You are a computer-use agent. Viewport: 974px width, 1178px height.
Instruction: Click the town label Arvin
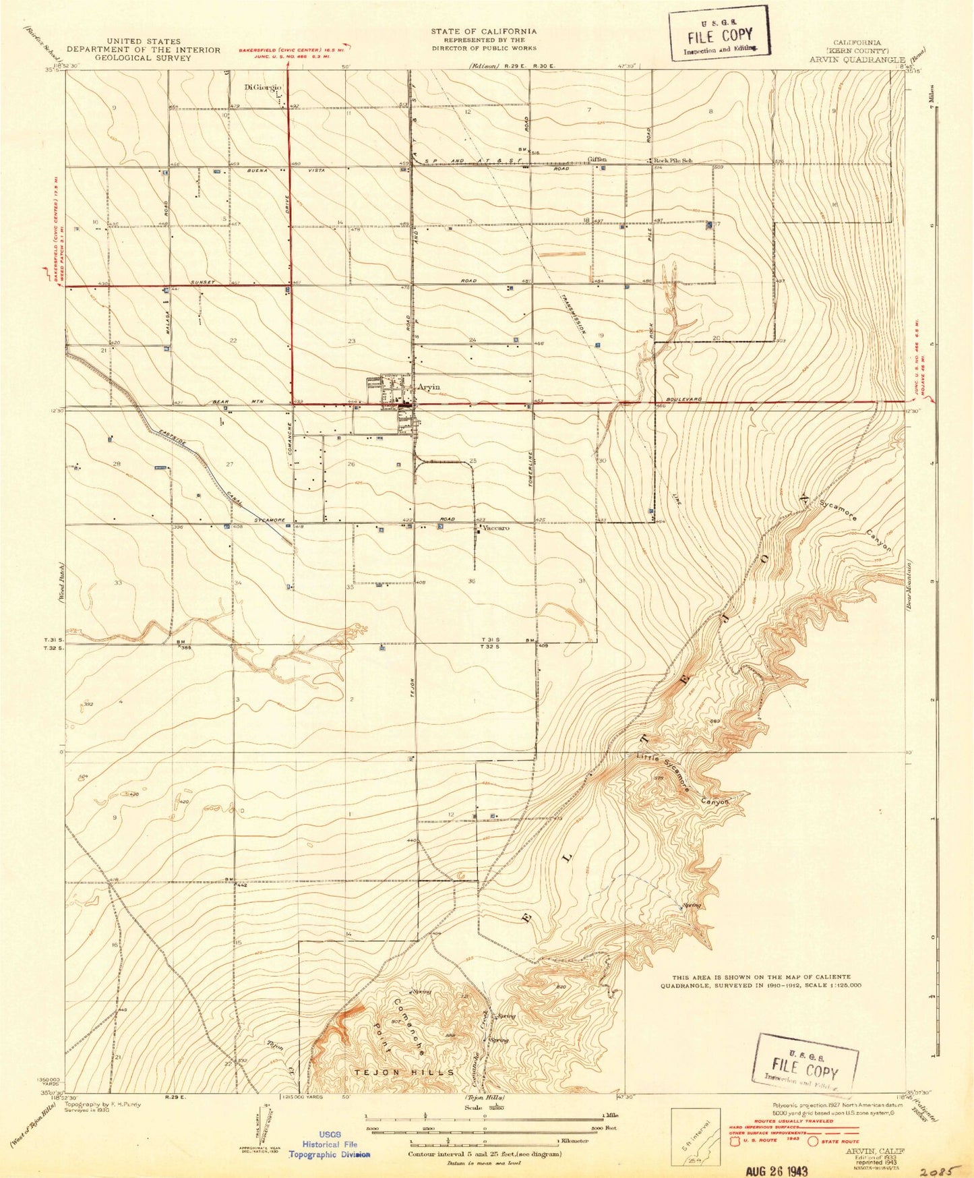pyautogui.click(x=428, y=387)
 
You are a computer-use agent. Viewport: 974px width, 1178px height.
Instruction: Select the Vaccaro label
pyautogui.click(x=495, y=529)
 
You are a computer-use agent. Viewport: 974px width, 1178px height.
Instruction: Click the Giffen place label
pyautogui.click(x=597, y=160)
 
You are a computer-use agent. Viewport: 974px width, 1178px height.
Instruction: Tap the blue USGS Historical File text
pyautogui.click(x=330, y=1144)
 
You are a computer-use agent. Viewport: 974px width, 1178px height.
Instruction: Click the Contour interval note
pyautogui.click(x=484, y=1154)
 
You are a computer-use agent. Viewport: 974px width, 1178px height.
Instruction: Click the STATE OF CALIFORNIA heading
pyautogui.click(x=484, y=31)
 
